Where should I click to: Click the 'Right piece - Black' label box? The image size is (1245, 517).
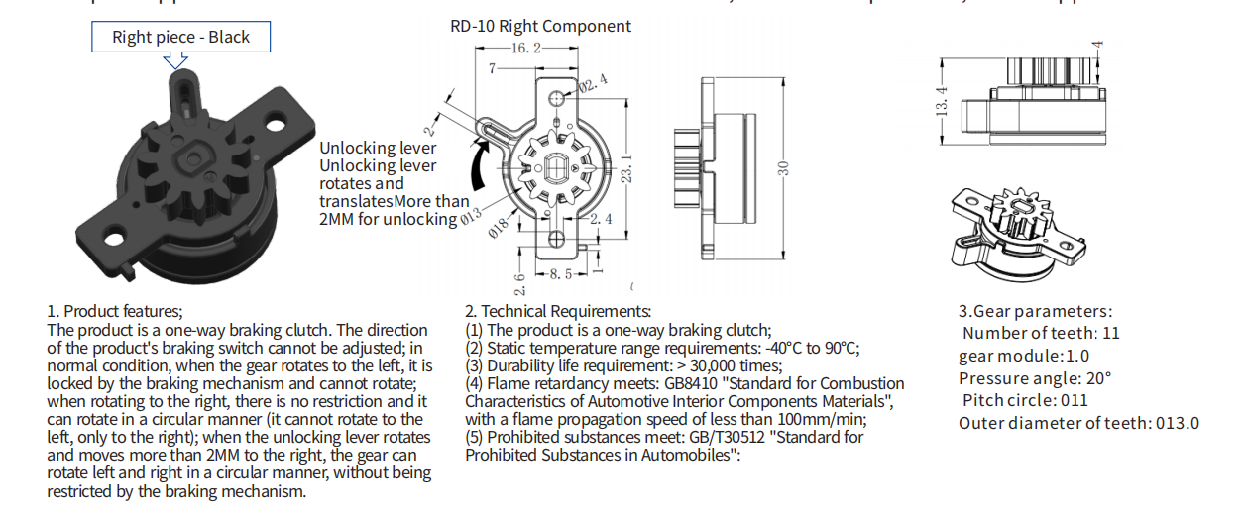pyautogui.click(x=179, y=38)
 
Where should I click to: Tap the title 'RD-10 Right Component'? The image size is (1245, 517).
pyautogui.click(x=540, y=26)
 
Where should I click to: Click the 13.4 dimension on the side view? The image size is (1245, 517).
pyautogui.click(x=943, y=99)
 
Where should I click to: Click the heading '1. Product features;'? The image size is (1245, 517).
pyautogui.click(x=115, y=311)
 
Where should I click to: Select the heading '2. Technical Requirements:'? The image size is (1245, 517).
pyautogui.click(x=558, y=311)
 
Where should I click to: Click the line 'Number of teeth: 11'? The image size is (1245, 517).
pyautogui.click(x=1041, y=334)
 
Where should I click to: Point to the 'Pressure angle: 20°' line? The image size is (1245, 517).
pyautogui.click(x=1035, y=378)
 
